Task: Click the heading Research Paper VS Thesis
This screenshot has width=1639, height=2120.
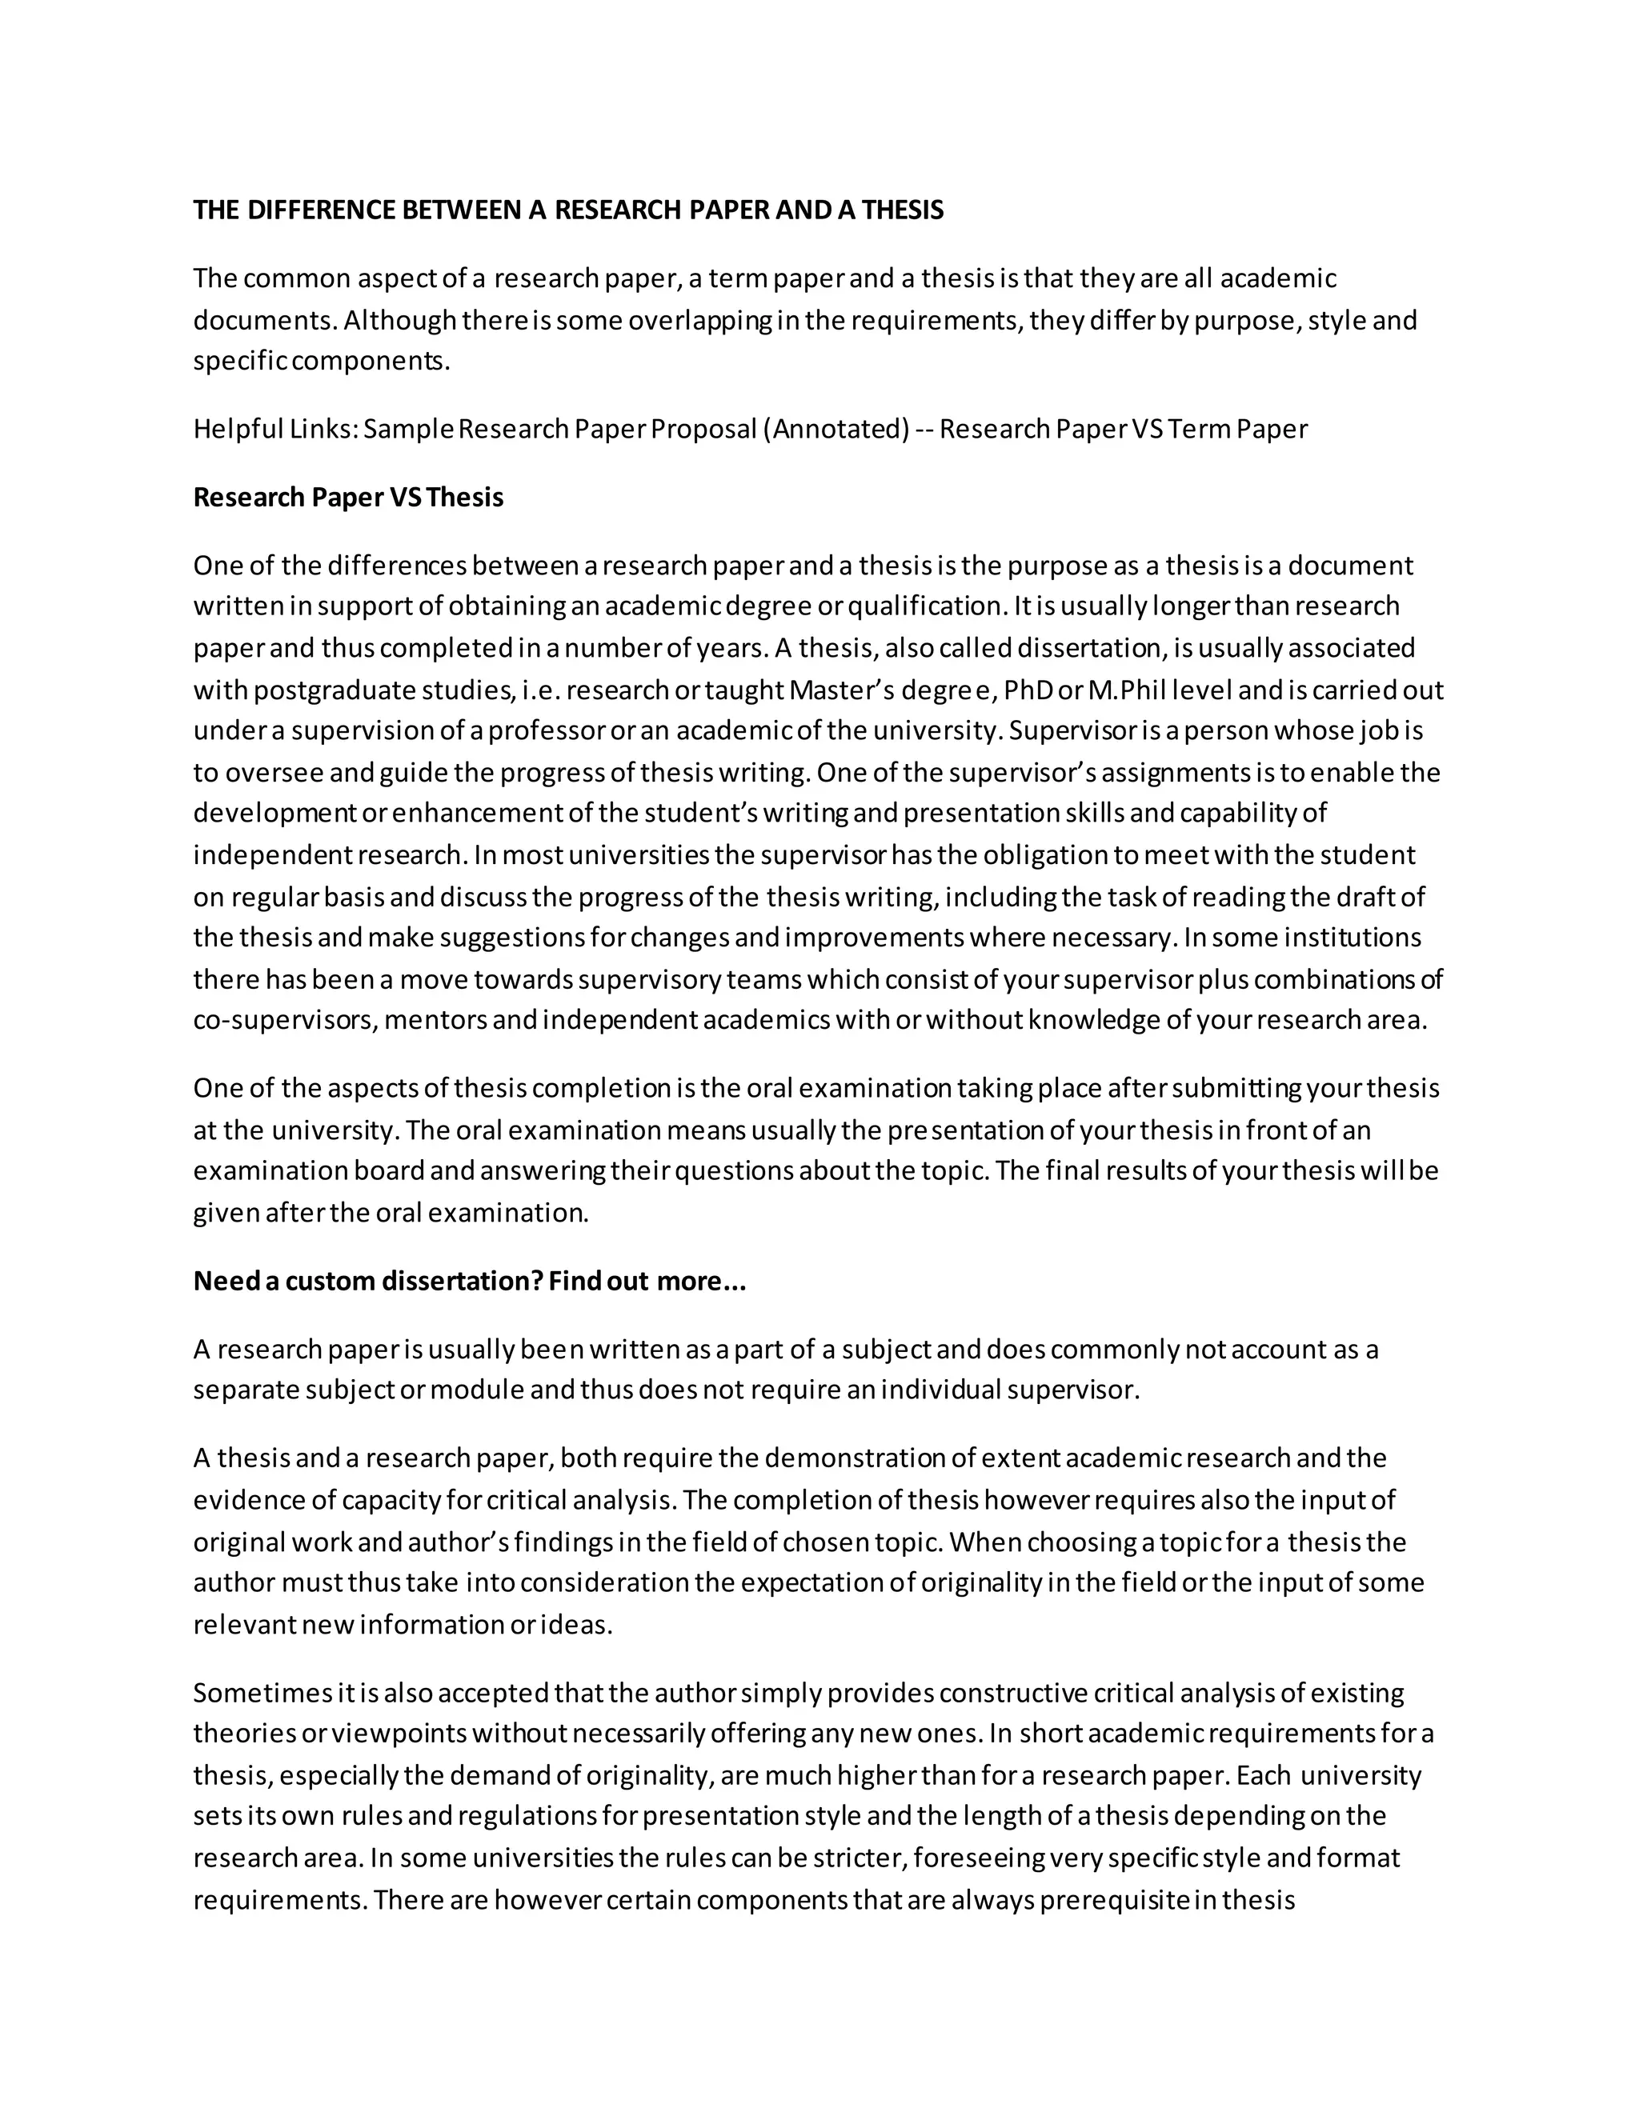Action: point(347,497)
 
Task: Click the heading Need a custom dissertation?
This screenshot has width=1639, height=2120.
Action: point(367,1282)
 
